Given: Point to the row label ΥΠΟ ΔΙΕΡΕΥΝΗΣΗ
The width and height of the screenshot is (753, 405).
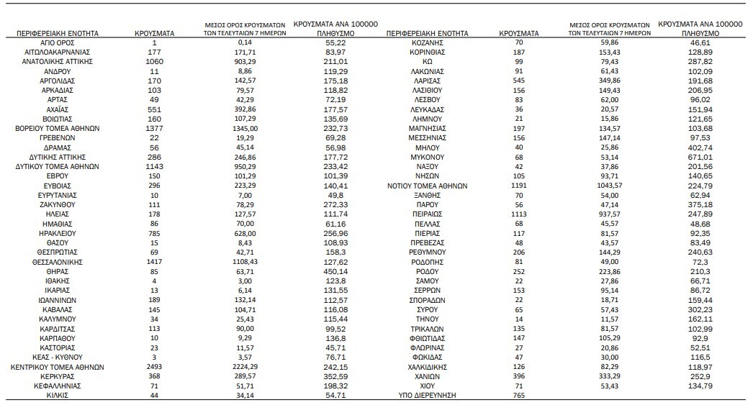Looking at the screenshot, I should click(428, 395).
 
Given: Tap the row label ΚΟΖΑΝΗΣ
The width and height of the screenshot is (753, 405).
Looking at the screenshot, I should click(428, 43).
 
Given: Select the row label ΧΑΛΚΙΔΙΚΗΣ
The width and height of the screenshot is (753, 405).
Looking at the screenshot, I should click(428, 366).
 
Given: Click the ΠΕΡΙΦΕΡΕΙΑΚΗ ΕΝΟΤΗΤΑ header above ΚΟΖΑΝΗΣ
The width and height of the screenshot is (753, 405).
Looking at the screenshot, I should click(428, 33).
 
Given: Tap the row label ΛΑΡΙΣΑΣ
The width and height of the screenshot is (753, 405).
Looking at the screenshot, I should click(428, 81).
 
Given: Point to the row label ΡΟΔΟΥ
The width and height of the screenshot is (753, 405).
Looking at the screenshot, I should click(428, 271).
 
